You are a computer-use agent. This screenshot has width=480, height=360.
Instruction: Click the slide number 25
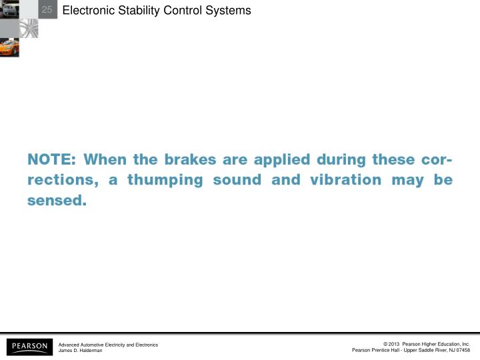click(x=47, y=9)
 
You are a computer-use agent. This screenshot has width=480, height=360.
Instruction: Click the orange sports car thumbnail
click(x=9, y=47)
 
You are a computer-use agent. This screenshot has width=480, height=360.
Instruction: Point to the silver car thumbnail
click(x=9, y=9)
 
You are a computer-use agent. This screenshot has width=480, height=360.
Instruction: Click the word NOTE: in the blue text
click(x=52, y=160)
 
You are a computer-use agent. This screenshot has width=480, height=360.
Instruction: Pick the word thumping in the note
click(x=165, y=181)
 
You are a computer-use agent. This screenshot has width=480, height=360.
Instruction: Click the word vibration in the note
click(x=346, y=181)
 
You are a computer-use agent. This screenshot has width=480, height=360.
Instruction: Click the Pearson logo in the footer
click(x=29, y=347)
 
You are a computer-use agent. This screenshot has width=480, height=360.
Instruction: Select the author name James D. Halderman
click(x=81, y=351)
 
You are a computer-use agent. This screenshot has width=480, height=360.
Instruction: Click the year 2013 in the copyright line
click(x=393, y=344)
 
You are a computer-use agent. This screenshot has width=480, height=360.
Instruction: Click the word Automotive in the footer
click(x=93, y=344)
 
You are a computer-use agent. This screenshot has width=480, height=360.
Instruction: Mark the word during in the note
click(x=341, y=160)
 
